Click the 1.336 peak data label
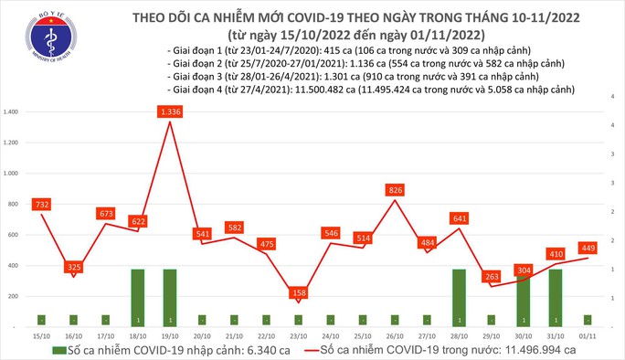(x=171, y=112)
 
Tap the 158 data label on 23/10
(x=298, y=294)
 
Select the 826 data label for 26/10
(x=394, y=190)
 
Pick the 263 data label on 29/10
(x=491, y=277)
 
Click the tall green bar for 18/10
(x=137, y=297)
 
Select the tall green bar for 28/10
(x=459, y=297)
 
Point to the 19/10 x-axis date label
(x=169, y=334)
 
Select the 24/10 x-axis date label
(x=330, y=334)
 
